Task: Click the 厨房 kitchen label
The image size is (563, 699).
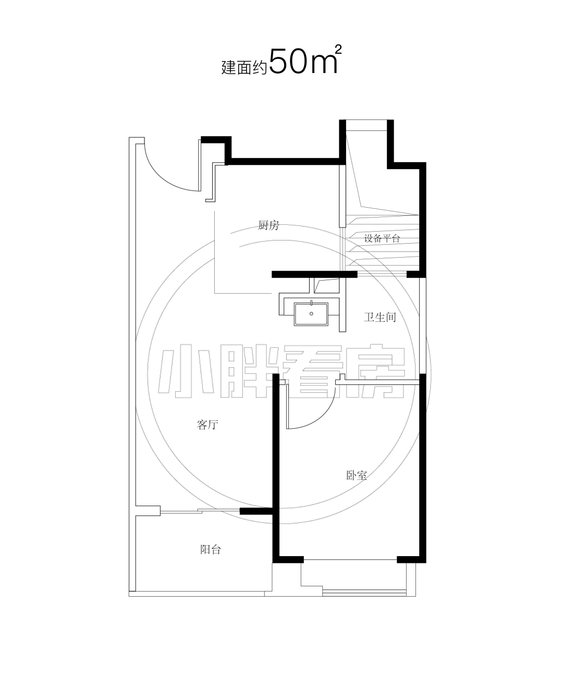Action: [268, 225]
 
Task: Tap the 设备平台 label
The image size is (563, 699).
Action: [382, 239]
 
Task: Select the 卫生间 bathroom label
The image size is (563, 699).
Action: [380, 317]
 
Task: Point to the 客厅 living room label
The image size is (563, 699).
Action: [207, 425]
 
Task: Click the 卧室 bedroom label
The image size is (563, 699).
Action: [357, 476]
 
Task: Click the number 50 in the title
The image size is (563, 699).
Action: [288, 62]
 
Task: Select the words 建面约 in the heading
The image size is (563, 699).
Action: [244, 68]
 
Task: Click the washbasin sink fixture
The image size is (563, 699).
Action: [311, 314]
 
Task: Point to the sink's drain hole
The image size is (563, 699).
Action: [311, 314]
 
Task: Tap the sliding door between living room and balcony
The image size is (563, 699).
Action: [200, 511]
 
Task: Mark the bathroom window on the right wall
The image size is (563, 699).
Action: [422, 326]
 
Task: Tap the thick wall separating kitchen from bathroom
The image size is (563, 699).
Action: [314, 274]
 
